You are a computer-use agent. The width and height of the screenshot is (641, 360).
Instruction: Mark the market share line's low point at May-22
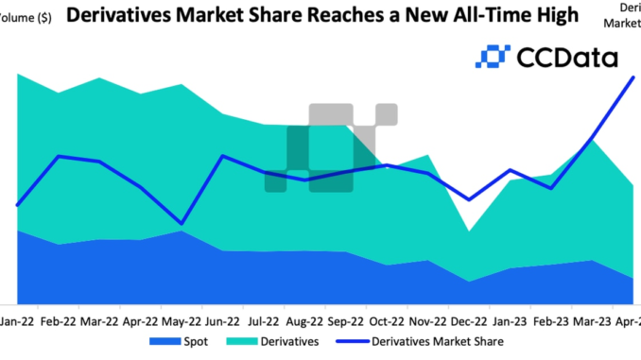pyautogui.click(x=181, y=225)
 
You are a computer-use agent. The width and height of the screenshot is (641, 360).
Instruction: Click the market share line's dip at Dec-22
pyautogui.click(x=469, y=200)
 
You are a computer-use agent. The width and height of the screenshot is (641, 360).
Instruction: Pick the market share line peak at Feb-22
pyautogui.click(x=60, y=156)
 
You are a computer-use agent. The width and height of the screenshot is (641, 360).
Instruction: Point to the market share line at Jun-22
pyautogui.click(x=221, y=156)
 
